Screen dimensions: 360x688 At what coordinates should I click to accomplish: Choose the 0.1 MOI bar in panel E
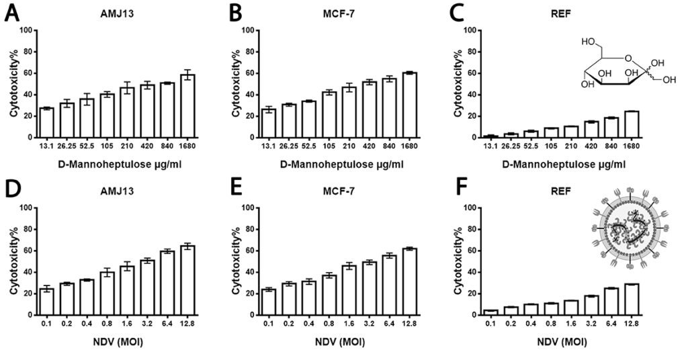point(268,302)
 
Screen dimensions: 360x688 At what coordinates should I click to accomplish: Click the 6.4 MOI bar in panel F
point(611,301)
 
